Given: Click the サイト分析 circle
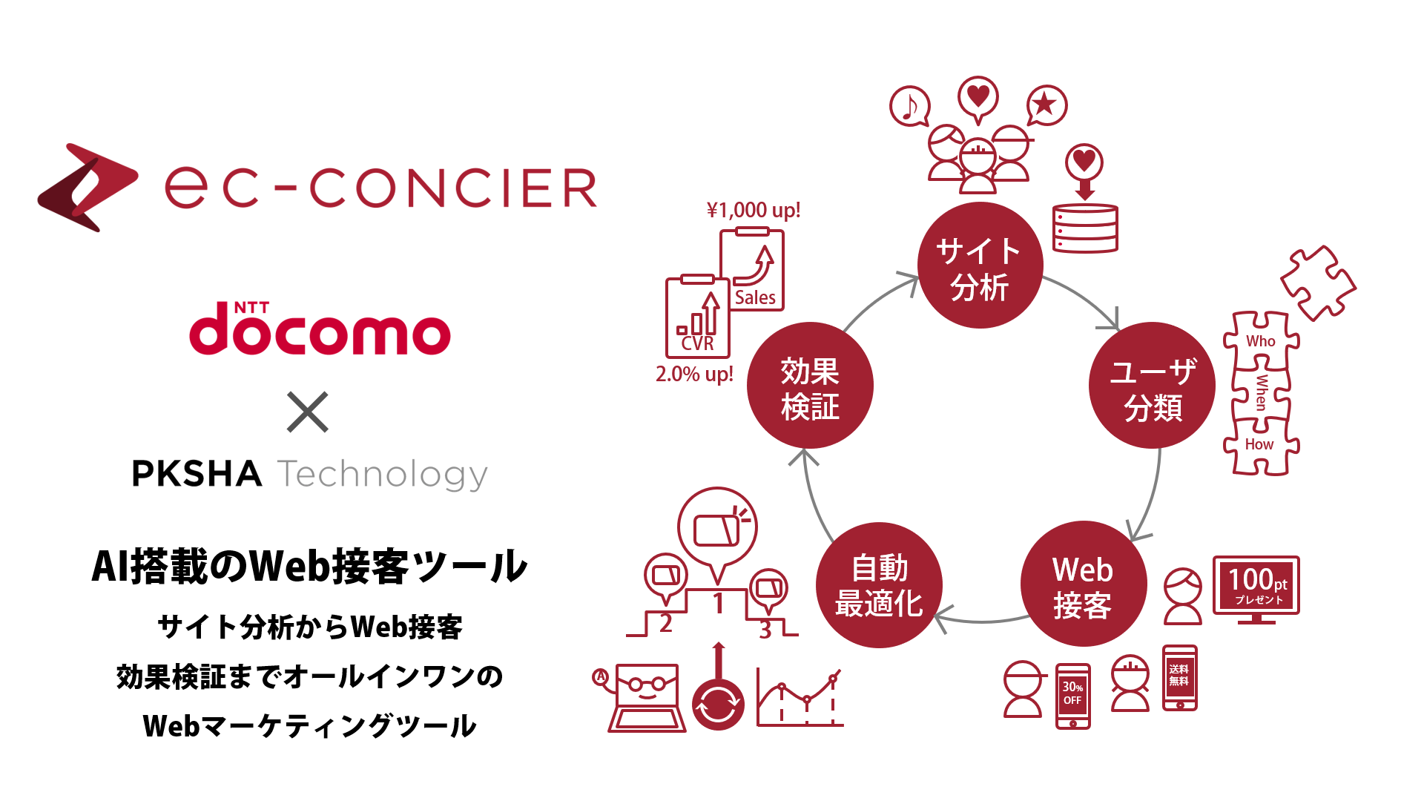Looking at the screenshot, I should pos(980,266).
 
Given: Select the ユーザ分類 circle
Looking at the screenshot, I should pos(1152,386).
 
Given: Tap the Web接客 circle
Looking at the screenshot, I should pos(1083,585).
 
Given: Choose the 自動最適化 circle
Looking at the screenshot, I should pos(879,585).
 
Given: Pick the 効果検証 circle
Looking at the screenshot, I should pos(810,386).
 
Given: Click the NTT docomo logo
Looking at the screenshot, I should pos(320,329).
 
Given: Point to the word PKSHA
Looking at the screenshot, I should pos(197,474).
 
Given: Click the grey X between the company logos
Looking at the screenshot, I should pos(307,412).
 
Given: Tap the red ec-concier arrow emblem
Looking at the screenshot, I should pos(87,187).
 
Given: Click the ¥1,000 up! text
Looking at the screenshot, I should pos(753,211).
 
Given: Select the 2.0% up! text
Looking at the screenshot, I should pos(694,374).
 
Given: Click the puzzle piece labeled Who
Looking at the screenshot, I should pos(1261,340).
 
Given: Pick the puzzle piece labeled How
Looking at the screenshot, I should pos(1260,445).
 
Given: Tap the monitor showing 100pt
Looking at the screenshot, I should pos(1256,586).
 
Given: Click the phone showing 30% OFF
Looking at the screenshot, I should pos(1072,696).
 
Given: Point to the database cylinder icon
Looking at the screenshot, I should pos(1085,228).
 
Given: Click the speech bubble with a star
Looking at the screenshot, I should pos(1046,105).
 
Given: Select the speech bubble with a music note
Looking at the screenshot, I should pos(910,107).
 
